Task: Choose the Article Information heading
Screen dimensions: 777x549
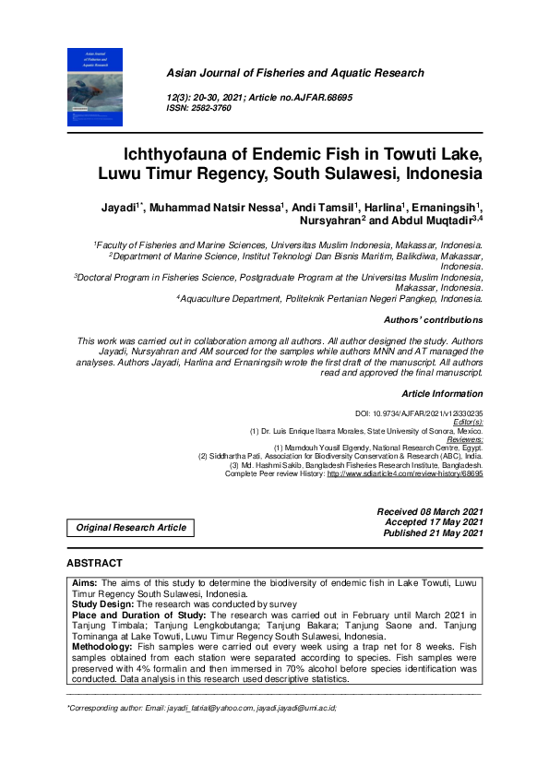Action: pos(441,394)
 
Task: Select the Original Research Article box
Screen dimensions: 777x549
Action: pos(131,528)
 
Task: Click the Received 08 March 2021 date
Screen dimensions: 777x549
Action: pos(430,511)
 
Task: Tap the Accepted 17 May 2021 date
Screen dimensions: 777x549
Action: pos(433,522)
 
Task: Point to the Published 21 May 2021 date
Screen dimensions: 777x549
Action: pos(431,533)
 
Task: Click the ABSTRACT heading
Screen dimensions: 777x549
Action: pos(94,563)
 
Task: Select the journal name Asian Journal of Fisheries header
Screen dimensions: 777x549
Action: pos(294,73)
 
